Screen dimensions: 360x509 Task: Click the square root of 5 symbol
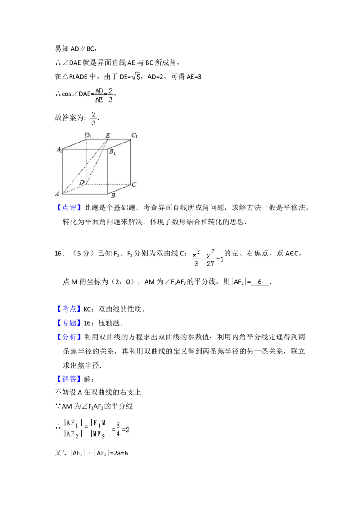coord(135,76)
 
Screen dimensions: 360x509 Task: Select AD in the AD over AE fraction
coord(99,91)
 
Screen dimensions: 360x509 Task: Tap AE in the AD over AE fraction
coord(99,100)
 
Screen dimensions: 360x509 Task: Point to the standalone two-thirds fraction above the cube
coord(94,118)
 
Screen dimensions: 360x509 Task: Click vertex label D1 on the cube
coord(88,134)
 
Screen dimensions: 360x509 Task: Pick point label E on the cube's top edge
coord(108,135)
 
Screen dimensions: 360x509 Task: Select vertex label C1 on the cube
coord(135,135)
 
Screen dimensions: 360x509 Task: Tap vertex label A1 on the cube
coord(59,150)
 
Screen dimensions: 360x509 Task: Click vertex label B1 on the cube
coord(112,152)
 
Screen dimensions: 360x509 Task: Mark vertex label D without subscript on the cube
coord(81,182)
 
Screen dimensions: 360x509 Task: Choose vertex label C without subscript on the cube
coord(134,184)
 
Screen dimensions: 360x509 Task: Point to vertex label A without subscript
coord(58,194)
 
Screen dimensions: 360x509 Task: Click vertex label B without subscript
coord(113,196)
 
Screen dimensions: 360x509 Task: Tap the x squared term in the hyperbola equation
coord(196,255)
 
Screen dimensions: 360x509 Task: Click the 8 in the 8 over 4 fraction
coord(117,424)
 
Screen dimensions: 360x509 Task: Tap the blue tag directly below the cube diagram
coord(70,208)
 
